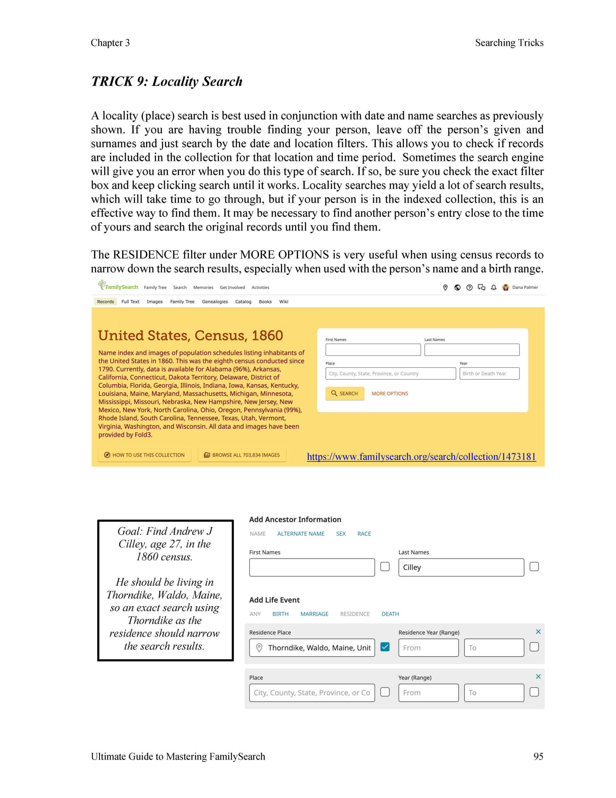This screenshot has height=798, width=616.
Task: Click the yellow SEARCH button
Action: point(344,393)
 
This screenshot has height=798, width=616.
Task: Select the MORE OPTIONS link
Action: point(390,393)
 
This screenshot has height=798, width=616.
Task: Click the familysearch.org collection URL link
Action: point(421,457)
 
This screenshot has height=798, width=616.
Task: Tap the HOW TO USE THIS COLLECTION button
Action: point(145,455)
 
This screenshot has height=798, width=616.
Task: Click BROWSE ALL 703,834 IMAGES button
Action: point(242,455)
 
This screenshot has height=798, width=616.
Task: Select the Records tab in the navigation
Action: point(106,301)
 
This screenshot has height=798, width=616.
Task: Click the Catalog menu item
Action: point(243,301)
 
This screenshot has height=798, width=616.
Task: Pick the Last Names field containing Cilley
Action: point(461,567)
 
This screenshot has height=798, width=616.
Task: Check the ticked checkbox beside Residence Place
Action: point(385,647)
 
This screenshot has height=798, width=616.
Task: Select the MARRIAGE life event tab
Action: point(314,614)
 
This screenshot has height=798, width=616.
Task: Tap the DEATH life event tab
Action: point(390,614)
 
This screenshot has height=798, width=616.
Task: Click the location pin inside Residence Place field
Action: point(259,647)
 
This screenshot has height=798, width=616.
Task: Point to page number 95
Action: point(538,756)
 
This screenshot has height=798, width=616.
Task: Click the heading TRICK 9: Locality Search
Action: point(167,81)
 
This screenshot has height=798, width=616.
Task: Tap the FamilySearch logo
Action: point(118,286)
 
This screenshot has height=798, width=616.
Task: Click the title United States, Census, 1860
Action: point(190,335)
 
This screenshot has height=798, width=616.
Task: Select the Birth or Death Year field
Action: point(489,373)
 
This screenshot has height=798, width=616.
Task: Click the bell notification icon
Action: point(493,287)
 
